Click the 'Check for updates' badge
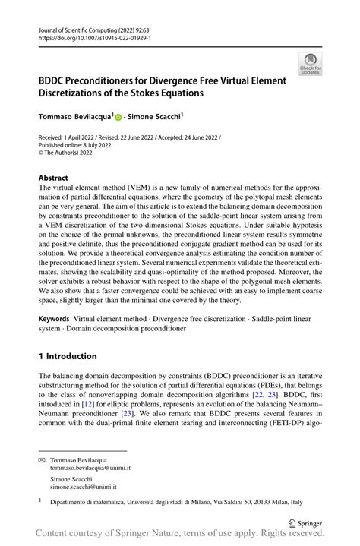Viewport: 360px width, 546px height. pos(310,64)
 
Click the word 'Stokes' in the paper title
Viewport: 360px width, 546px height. pos(166,93)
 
